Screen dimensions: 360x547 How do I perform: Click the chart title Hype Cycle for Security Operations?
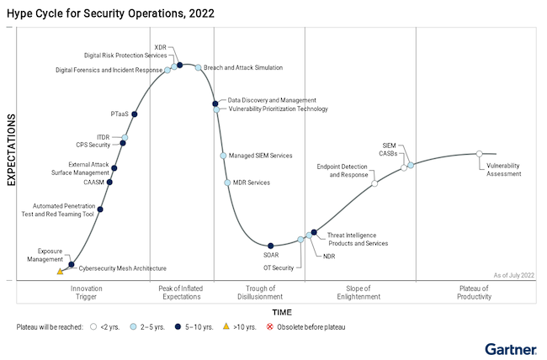tap(109, 13)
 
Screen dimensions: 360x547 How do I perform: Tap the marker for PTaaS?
tap(135, 114)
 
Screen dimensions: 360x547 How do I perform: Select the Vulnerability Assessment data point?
tap(479, 154)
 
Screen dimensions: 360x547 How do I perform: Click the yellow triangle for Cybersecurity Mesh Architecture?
tap(60, 272)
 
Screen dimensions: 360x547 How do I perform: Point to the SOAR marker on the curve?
tap(271, 246)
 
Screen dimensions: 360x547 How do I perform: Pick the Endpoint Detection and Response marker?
tap(374, 183)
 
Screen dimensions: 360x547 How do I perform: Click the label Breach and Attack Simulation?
tap(243, 67)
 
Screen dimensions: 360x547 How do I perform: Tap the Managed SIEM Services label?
tap(261, 156)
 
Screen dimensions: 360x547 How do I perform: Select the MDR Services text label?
tap(252, 183)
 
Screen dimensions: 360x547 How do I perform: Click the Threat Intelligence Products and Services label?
tap(358, 239)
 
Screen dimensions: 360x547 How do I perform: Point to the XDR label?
tap(161, 47)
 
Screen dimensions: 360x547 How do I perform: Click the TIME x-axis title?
tap(282, 311)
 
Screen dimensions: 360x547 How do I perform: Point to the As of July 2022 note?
tap(513, 275)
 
